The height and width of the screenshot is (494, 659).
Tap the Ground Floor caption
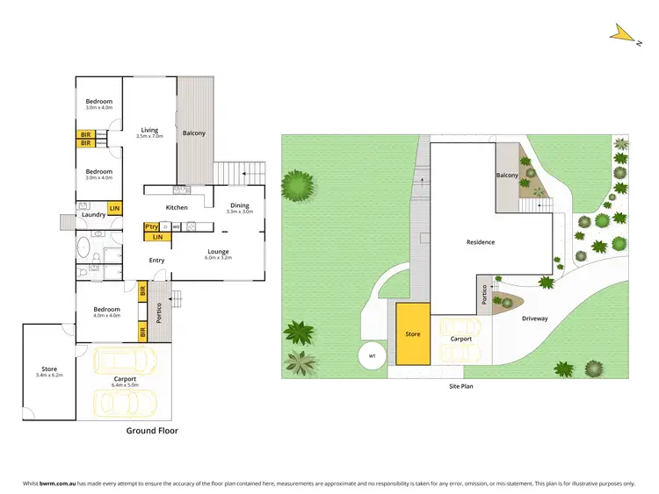click(x=152, y=430)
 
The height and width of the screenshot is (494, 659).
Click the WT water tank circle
click(x=372, y=355)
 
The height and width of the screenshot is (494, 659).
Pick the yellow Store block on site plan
click(x=412, y=334)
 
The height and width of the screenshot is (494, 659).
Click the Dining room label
click(x=239, y=205)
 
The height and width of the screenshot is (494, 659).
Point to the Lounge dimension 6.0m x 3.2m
click(x=218, y=258)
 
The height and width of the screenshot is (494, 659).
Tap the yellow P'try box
click(x=151, y=226)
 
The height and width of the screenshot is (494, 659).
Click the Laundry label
click(x=93, y=214)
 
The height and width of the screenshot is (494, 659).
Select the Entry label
click(x=156, y=260)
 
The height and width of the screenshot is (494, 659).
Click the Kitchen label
click(x=177, y=207)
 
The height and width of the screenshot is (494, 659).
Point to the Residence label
click(x=480, y=242)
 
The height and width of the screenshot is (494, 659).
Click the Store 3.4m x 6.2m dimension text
click(x=49, y=375)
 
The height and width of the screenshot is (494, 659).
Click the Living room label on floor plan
click(x=149, y=130)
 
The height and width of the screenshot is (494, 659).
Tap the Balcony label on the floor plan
click(x=194, y=133)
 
